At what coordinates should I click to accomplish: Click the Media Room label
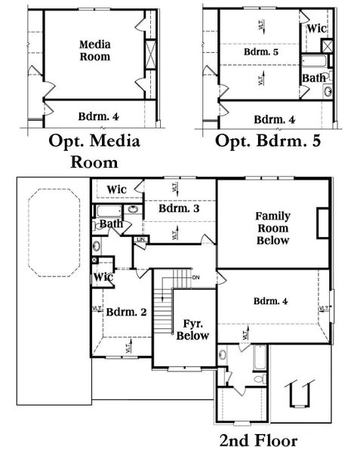coord(95,51)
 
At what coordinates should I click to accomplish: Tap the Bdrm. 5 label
coord(260,54)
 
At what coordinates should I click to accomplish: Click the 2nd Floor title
coord(259,440)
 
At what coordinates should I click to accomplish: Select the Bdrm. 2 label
coord(122,311)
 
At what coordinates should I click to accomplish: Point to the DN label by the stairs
coord(195,276)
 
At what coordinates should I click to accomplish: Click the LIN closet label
coord(140,240)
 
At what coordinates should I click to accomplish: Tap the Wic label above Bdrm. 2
coord(103,277)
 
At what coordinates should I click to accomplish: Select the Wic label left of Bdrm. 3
coord(116,189)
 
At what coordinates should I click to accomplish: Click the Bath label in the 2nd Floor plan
coord(111,224)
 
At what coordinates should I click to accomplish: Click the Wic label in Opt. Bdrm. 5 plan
coord(317,28)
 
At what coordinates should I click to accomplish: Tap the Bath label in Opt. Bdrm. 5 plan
coord(314,78)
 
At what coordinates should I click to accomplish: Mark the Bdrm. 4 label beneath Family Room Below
coord(270,302)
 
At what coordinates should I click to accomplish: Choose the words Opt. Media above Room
coord(95,141)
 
